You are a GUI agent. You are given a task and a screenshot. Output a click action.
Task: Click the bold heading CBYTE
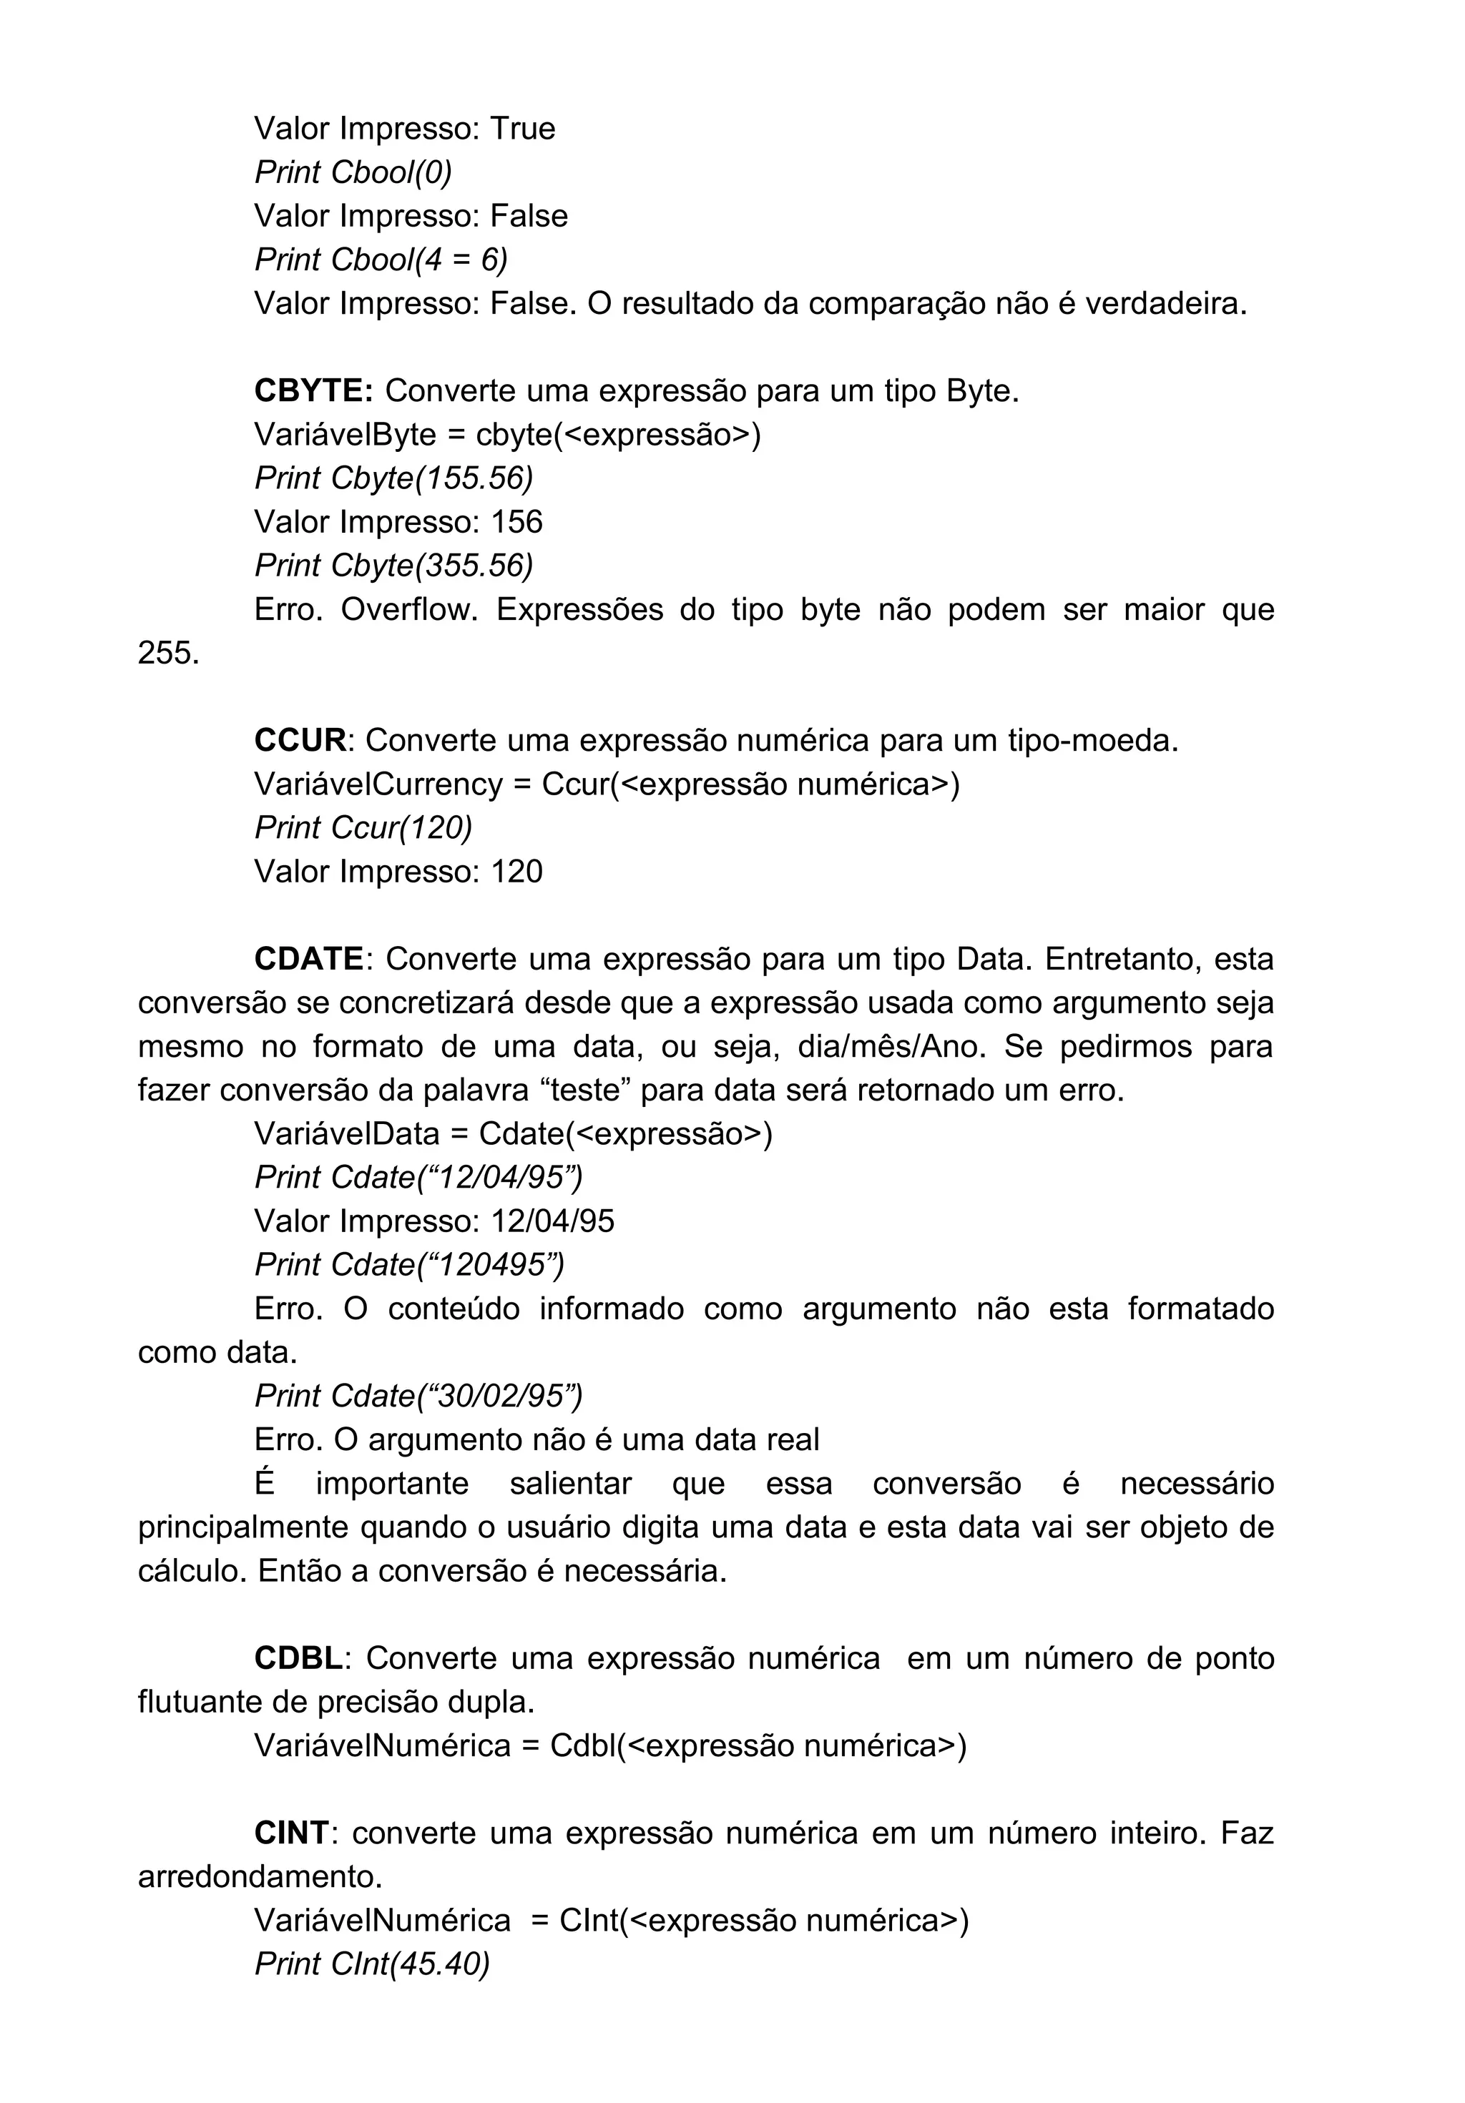click(x=311, y=391)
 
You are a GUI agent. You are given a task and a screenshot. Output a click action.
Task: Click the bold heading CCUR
click(x=300, y=740)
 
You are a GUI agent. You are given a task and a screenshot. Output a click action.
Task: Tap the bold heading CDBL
click(x=298, y=1658)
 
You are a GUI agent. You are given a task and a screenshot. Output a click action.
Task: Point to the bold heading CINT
click(x=290, y=1833)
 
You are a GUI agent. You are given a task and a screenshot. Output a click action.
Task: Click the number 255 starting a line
click(x=167, y=653)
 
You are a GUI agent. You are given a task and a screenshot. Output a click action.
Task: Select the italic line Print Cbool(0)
click(x=353, y=172)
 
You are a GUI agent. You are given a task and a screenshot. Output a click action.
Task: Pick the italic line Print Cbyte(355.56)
click(x=393, y=565)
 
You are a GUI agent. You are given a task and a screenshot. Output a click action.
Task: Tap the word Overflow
click(x=408, y=609)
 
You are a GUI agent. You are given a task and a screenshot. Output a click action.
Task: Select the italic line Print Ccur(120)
click(x=363, y=827)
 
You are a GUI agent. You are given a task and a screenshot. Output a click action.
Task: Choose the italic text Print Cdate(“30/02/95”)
click(x=418, y=1396)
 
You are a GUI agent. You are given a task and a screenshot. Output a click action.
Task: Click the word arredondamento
click(x=259, y=1877)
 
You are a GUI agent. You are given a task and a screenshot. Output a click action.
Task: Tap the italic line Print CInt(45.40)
click(x=372, y=1964)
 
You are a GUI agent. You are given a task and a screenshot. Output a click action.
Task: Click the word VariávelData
click(x=347, y=1134)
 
